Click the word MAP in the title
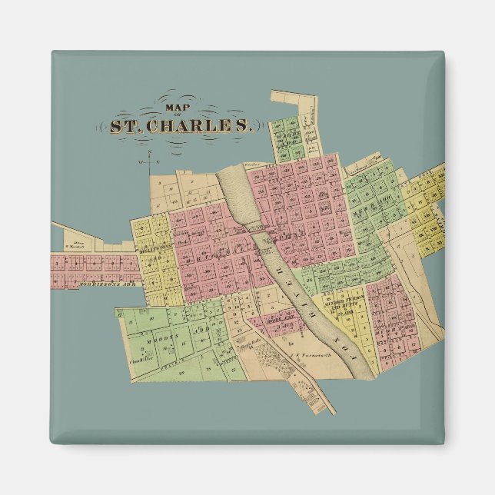point(175,108)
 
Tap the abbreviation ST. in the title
point(123,126)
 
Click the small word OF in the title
point(176,116)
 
